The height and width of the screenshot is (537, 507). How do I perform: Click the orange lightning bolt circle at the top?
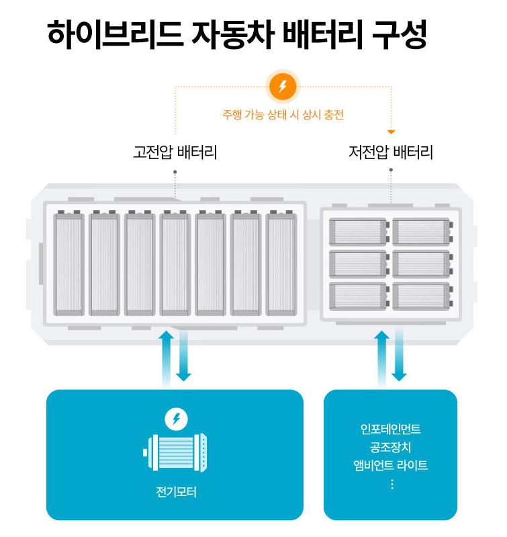coord(283,87)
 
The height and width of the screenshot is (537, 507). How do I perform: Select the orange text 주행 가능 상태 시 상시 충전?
coord(283,115)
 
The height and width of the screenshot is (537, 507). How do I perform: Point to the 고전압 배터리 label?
coord(175,152)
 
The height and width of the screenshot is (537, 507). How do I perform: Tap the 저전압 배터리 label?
coord(391,152)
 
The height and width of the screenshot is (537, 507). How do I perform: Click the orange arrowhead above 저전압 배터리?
coord(391,132)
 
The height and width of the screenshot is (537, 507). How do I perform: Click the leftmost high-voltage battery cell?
coord(68,263)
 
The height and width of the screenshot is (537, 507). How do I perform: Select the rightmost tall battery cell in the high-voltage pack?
coord(281,263)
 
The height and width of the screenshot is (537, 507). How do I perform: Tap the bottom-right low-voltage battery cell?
coord(422,296)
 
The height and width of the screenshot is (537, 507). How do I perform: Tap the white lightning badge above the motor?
coord(176,420)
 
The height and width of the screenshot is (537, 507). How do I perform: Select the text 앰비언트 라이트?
coord(391,465)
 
